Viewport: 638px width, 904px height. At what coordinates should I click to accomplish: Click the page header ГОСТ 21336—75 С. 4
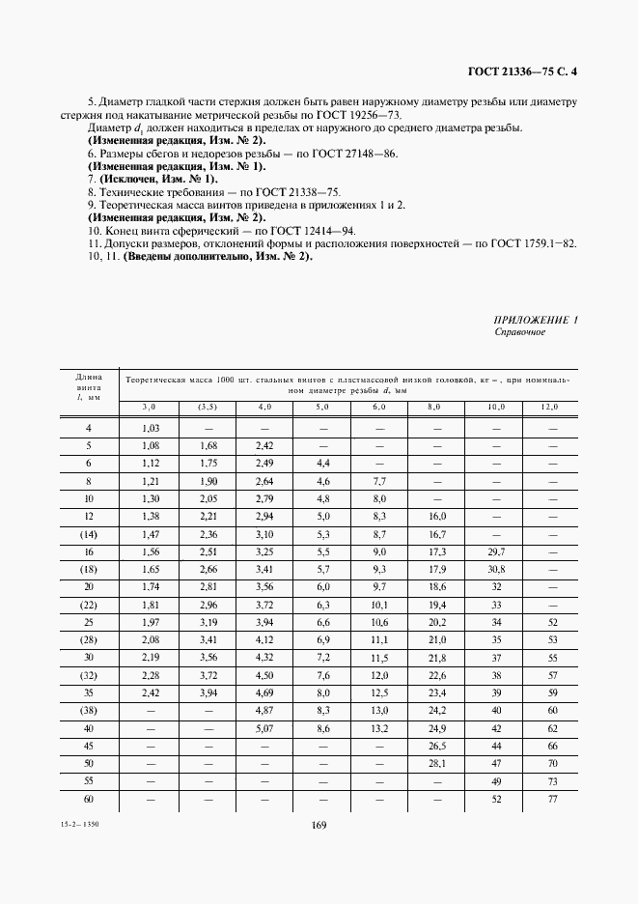click(x=522, y=70)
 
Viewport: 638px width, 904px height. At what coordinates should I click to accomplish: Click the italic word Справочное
click(x=519, y=332)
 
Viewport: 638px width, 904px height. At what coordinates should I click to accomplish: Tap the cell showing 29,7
click(x=494, y=551)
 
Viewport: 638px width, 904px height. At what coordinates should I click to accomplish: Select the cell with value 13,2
click(x=379, y=727)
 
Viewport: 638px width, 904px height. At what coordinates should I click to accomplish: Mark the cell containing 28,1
click(x=436, y=762)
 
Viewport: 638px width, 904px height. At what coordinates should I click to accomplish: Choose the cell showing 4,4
click(x=322, y=463)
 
